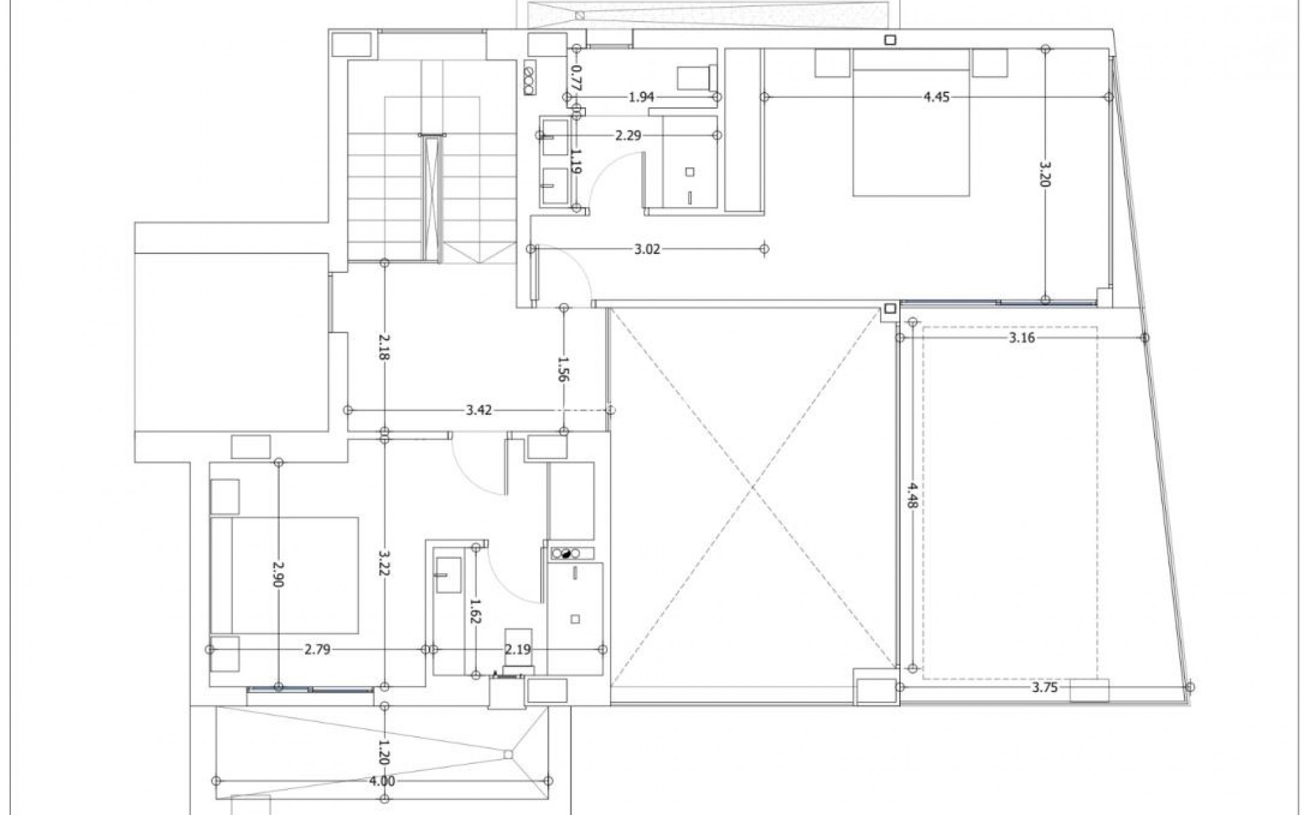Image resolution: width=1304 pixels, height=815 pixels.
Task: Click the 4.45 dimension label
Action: pos(936,97)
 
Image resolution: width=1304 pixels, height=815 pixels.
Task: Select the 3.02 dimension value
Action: pos(647,249)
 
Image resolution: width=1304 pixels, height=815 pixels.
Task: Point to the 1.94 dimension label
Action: pos(641,97)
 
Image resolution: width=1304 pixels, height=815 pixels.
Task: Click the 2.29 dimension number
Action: pos(628,136)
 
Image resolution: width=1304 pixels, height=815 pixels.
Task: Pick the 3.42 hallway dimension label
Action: pos(479,410)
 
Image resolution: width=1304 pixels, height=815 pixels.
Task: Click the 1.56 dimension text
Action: pos(563,369)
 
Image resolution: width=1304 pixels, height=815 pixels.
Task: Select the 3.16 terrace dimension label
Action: pos(1021,338)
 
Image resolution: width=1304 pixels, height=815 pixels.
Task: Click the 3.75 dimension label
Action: pos(1045,687)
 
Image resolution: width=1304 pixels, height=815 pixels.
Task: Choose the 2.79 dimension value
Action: pos(317,650)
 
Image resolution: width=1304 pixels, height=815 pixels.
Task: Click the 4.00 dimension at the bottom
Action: pos(382,781)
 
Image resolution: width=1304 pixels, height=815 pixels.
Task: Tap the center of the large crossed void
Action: pos(753,487)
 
